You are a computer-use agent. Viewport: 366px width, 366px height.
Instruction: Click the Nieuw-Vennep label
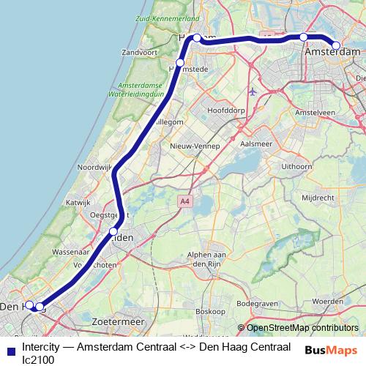pyautogui.click(x=192, y=146)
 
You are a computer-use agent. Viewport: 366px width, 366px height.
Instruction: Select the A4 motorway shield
pyautogui.click(x=182, y=200)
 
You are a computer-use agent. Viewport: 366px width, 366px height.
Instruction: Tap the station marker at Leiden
pyautogui.click(x=113, y=232)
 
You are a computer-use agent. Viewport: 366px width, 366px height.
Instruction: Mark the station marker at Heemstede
pyautogui.click(x=179, y=62)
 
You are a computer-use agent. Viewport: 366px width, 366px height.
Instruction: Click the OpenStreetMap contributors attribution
pyautogui.click(x=302, y=328)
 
